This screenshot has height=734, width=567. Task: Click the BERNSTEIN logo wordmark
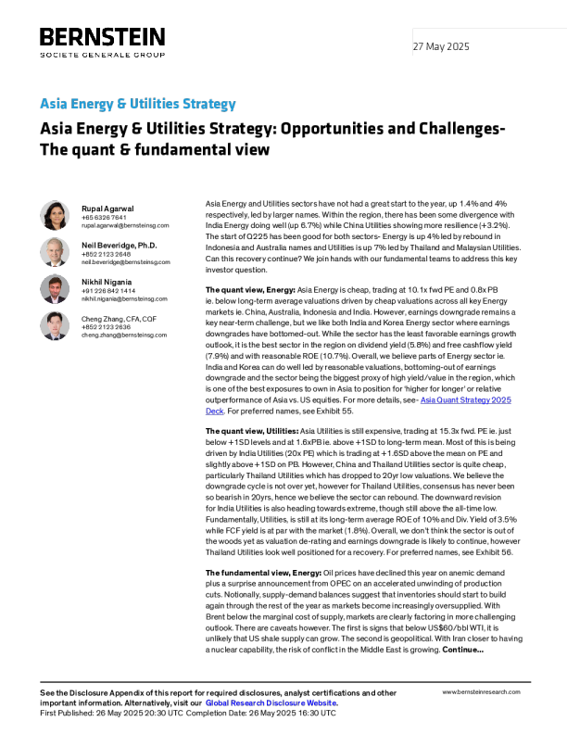103,37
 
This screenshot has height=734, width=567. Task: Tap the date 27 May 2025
441,46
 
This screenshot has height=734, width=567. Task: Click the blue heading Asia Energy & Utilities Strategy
137,104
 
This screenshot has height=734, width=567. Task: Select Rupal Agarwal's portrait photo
55,215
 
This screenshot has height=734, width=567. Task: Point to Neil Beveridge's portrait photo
55,252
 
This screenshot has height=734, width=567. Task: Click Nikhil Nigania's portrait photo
55,289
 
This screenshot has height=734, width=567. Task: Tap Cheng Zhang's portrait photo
55,325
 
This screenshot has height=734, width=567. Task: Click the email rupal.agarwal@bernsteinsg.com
125,225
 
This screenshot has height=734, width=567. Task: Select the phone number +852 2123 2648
107,254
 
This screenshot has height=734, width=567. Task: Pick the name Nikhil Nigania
107,282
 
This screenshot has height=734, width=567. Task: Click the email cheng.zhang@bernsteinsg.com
124,335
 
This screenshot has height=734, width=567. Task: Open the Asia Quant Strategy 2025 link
465,399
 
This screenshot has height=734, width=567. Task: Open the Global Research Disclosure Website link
271,702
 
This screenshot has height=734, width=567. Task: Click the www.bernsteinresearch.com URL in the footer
481,692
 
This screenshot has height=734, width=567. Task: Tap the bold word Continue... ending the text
462,650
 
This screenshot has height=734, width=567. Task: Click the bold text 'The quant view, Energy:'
250,290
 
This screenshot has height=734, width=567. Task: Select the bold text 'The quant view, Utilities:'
252,431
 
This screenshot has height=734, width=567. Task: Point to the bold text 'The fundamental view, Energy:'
263,573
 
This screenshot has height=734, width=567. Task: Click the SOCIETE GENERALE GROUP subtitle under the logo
103,55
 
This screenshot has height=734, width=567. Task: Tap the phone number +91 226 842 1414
108,291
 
